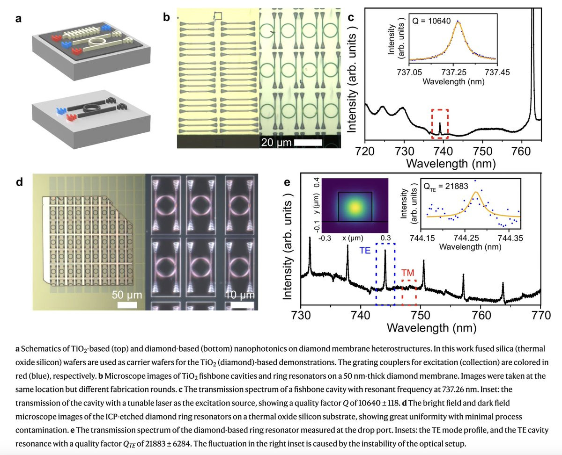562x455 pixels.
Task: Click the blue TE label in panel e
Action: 366,251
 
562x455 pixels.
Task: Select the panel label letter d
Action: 19,181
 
